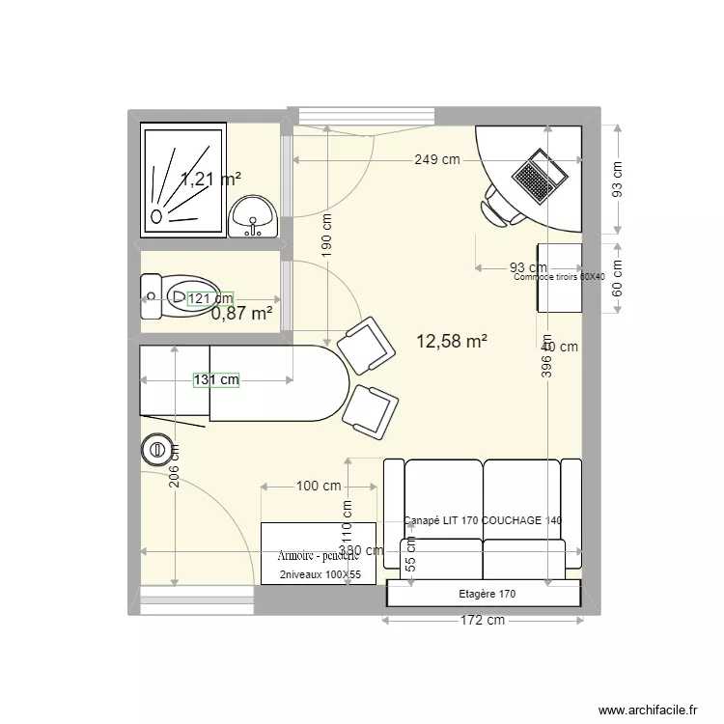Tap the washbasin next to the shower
[254, 215]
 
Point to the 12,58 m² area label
[451, 341]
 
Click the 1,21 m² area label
[210, 178]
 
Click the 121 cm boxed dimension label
[210, 299]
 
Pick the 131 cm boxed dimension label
[215, 379]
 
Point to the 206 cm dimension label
[174, 466]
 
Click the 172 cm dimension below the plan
[480, 621]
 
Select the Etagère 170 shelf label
[487, 594]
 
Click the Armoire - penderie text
[318, 556]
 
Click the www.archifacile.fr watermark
[646, 710]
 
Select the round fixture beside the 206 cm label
[154, 449]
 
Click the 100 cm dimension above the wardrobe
[319, 487]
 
